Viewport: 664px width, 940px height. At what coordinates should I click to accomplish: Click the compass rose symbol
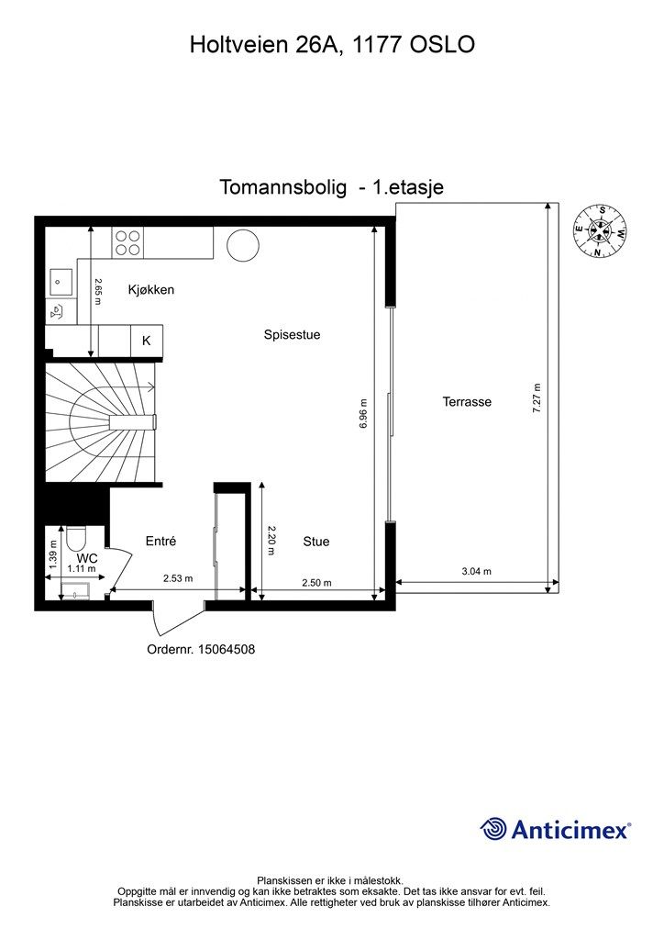(601, 230)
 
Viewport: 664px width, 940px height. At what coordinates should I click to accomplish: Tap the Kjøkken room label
(151, 290)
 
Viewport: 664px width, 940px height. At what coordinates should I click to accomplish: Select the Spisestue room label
(292, 335)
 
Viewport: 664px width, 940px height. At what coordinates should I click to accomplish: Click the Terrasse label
(467, 402)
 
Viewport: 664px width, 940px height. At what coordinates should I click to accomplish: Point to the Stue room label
(316, 542)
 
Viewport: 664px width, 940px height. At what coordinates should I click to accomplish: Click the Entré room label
(160, 542)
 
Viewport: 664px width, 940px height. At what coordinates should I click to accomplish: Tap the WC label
(87, 557)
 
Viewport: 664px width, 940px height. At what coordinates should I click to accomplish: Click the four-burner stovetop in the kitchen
(127, 242)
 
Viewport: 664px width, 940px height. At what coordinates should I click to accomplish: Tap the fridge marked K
(146, 341)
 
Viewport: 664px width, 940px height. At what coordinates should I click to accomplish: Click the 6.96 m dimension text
(364, 415)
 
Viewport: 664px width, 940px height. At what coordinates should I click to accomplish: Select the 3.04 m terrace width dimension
(476, 571)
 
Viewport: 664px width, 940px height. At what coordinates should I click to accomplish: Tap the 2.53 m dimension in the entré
(178, 578)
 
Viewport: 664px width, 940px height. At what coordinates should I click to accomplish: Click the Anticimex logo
(556, 830)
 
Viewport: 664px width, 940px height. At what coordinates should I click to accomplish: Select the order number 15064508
(201, 649)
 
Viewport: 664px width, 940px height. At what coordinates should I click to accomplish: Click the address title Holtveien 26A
(332, 43)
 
